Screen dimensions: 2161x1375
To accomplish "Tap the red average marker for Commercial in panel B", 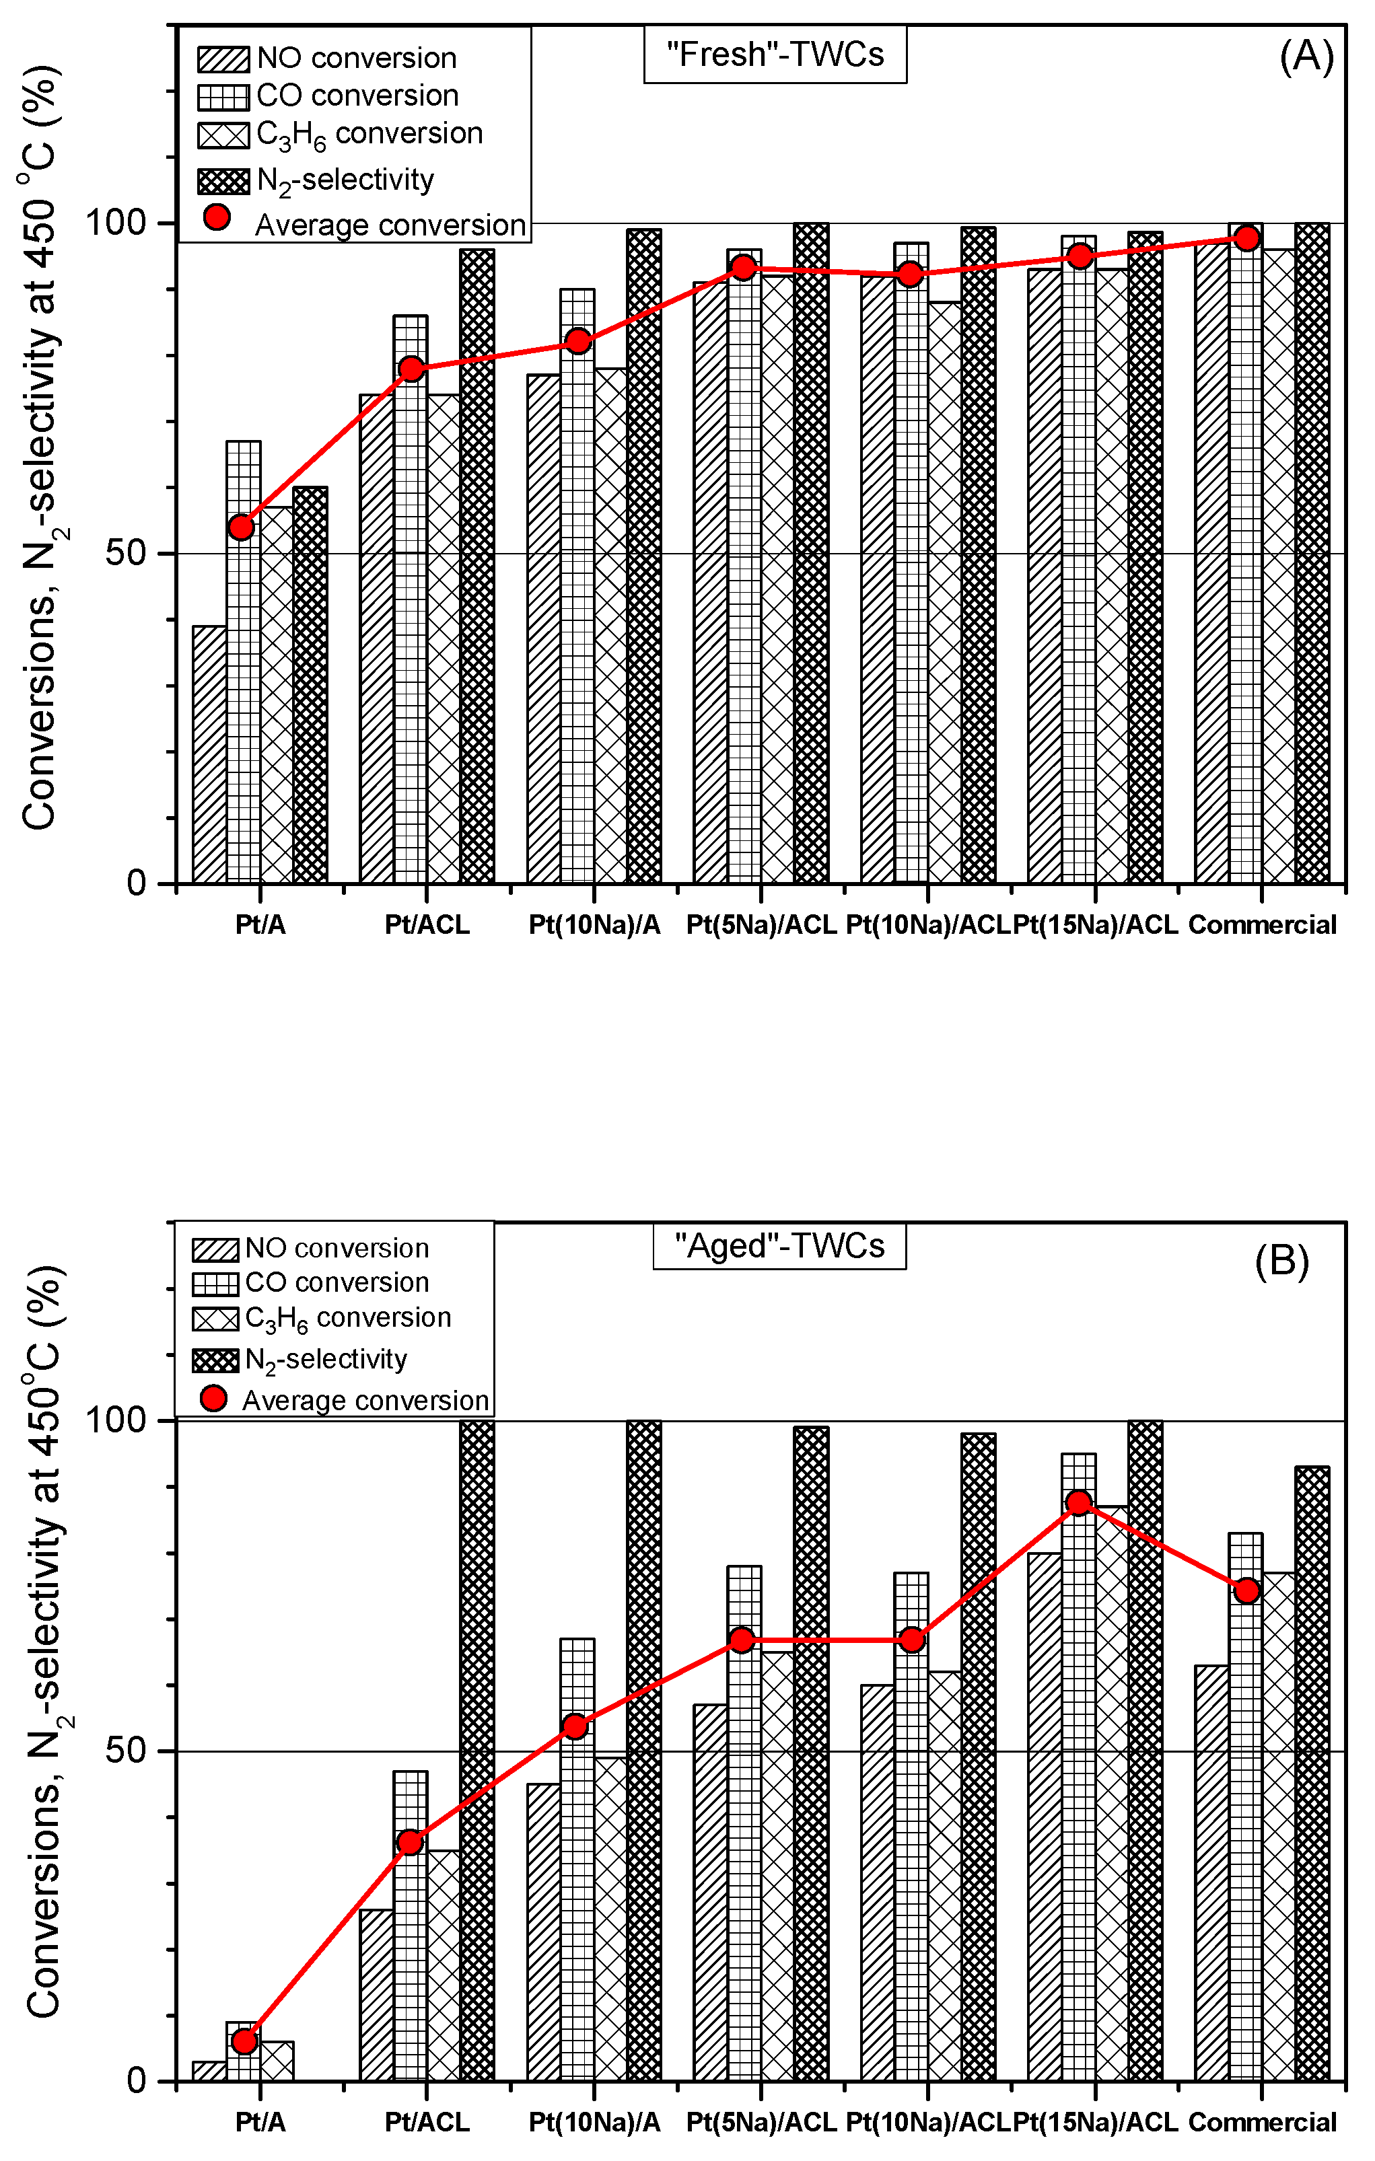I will (x=1246, y=1590).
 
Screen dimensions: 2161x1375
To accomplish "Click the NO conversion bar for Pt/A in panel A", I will (x=209, y=754).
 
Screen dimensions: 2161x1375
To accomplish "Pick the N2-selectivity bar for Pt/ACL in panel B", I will (x=477, y=1750).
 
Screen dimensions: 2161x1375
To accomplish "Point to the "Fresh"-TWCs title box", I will (x=775, y=54).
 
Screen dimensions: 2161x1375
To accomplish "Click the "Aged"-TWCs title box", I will (x=779, y=1245).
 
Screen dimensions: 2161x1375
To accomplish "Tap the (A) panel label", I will (x=1306, y=56).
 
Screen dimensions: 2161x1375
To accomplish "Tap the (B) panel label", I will (x=1281, y=1261).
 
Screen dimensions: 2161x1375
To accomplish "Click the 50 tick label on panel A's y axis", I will (x=126, y=553).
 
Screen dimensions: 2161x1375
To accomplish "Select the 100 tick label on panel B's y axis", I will (x=115, y=1420).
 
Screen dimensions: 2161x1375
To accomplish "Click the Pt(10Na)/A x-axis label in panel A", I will (x=594, y=925).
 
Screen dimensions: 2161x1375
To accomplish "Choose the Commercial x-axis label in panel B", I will (x=1262, y=2123).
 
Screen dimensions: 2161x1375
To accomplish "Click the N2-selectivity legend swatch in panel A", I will (x=223, y=181).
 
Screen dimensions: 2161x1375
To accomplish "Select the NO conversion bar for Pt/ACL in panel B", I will (x=376, y=1997).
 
